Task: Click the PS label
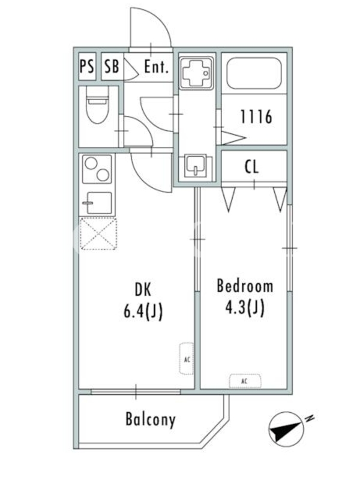click(x=87, y=67)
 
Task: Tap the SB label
click(x=112, y=67)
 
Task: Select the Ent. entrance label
click(x=157, y=67)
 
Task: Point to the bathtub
click(x=254, y=73)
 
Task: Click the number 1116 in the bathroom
click(x=256, y=116)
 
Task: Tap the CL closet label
click(x=251, y=167)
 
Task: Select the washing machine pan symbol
click(x=196, y=73)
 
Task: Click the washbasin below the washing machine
click(x=196, y=167)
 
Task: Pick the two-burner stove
click(x=97, y=169)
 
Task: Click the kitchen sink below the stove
click(x=97, y=203)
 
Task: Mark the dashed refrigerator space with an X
click(x=98, y=233)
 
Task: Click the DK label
click(x=143, y=290)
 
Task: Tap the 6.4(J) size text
click(x=143, y=312)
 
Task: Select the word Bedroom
click(x=245, y=286)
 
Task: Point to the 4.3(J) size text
click(x=245, y=308)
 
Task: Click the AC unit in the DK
click(x=187, y=359)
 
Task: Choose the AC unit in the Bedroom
click(x=245, y=381)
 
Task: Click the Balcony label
click(x=151, y=419)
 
